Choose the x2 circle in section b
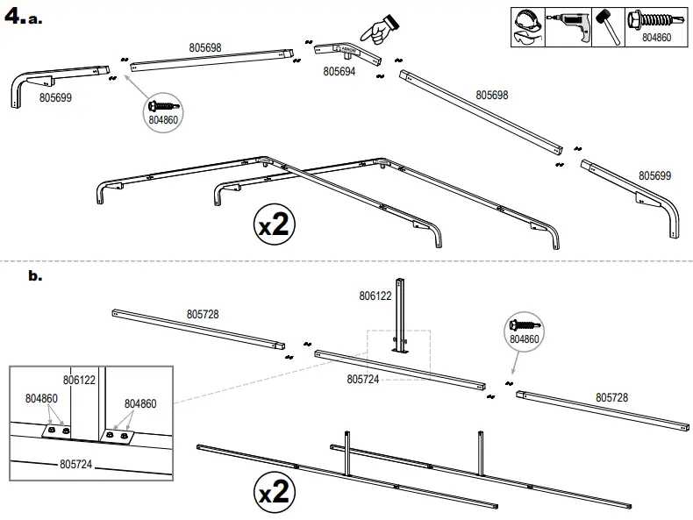274,493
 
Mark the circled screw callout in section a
164,111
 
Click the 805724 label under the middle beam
362,379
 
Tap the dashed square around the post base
398,348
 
